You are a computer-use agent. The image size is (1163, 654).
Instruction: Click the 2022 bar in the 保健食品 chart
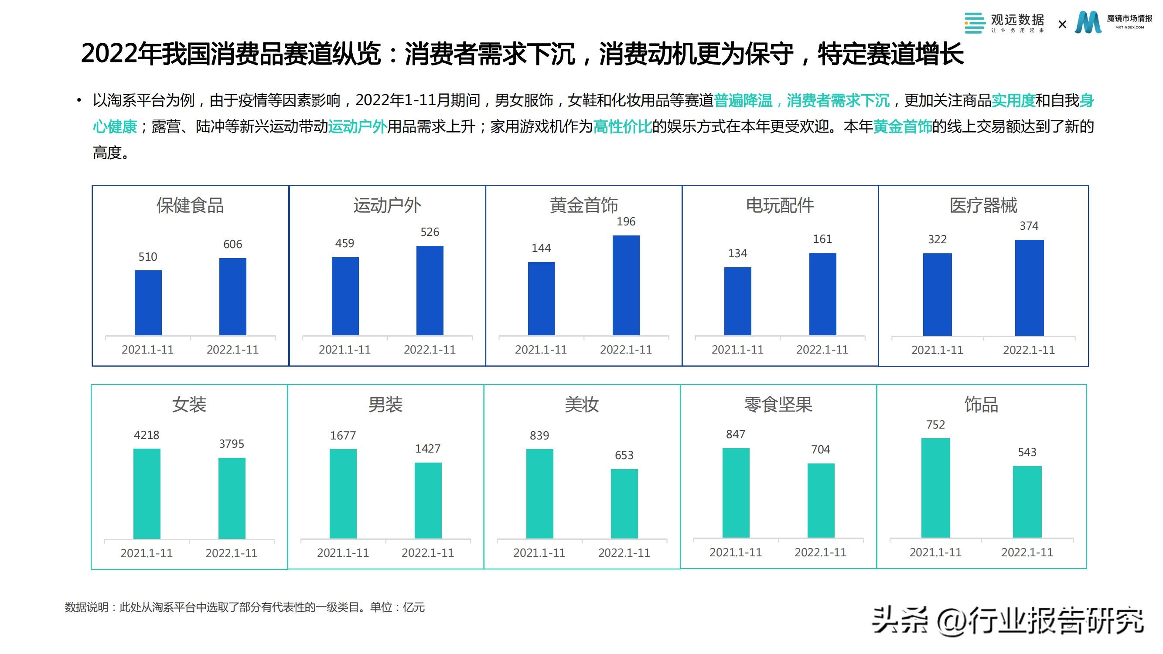tap(232, 296)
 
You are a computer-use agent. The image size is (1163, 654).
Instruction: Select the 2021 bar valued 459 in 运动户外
tap(345, 296)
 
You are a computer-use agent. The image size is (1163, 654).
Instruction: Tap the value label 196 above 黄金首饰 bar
tap(626, 221)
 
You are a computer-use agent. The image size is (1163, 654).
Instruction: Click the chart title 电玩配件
tap(780, 205)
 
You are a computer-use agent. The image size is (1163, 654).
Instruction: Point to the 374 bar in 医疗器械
tap(1029, 287)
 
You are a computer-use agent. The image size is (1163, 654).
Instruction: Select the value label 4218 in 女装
tap(146, 435)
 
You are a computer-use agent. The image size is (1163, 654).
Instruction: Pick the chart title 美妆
tap(582, 405)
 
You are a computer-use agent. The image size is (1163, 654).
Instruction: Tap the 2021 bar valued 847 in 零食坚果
tap(736, 493)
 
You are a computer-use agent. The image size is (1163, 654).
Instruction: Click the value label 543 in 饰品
tap(1027, 452)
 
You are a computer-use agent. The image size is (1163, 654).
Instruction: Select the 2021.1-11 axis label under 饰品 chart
tap(935, 552)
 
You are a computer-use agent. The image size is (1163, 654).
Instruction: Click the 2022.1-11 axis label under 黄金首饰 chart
tap(626, 350)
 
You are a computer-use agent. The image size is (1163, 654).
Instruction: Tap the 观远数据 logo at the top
tap(1004, 23)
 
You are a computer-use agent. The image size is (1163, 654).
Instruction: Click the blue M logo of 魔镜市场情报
tap(1088, 23)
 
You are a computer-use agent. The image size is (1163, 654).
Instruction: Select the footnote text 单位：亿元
tap(397, 607)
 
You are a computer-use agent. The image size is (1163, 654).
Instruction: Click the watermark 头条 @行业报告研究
tap(1007, 621)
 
